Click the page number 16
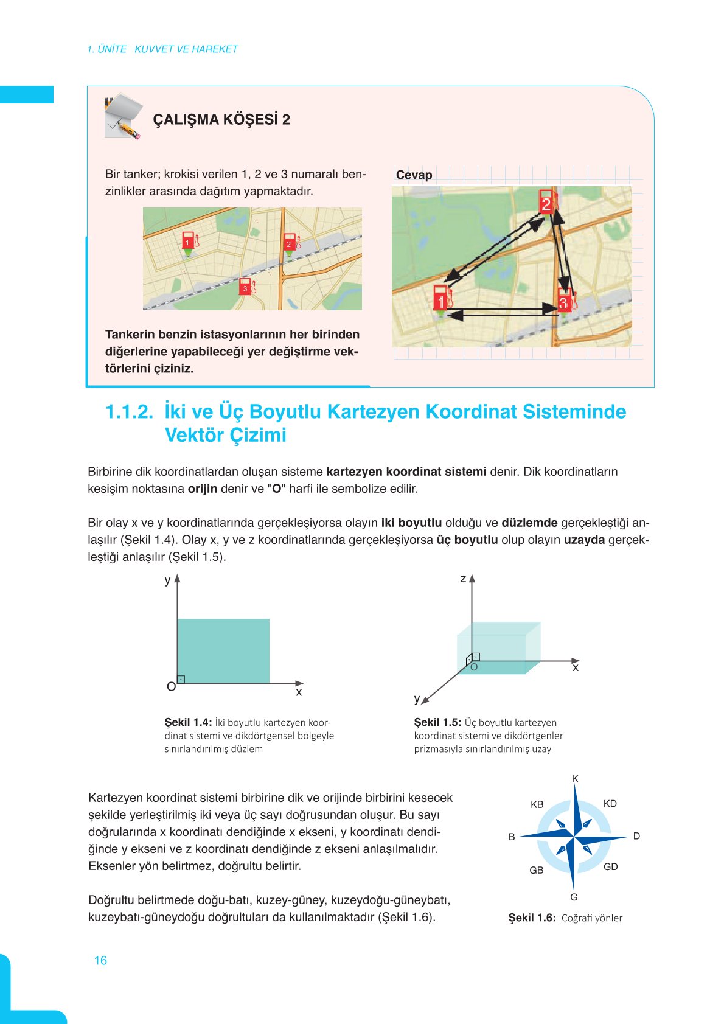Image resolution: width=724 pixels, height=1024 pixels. [100, 960]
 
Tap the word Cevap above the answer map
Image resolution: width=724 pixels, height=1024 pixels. [414, 175]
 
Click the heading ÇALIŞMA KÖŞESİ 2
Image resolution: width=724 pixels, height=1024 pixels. [221, 119]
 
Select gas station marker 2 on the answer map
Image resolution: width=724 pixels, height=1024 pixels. [546, 203]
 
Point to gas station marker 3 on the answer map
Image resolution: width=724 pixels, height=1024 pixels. [564, 301]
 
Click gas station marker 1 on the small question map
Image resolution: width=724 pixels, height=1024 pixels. [188, 241]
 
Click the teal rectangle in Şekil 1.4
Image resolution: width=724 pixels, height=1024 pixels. [223, 650]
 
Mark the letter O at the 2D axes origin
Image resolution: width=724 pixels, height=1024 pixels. [171, 686]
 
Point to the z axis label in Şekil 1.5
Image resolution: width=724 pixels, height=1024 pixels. [463, 579]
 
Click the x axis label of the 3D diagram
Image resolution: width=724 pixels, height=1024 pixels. [575, 668]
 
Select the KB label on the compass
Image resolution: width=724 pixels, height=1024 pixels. [537, 804]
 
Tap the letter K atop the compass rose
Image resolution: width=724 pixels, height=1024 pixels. [575, 779]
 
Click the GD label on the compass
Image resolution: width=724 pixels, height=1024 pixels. [610, 866]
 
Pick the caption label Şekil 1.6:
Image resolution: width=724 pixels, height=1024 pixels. [532, 918]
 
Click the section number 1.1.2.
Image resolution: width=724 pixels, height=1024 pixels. [129, 412]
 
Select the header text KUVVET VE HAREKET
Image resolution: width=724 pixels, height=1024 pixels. [186, 49]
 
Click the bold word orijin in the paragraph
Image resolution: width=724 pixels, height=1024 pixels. [202, 489]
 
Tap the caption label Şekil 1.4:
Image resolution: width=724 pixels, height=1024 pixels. [188, 722]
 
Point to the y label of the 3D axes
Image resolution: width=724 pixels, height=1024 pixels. [417, 698]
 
